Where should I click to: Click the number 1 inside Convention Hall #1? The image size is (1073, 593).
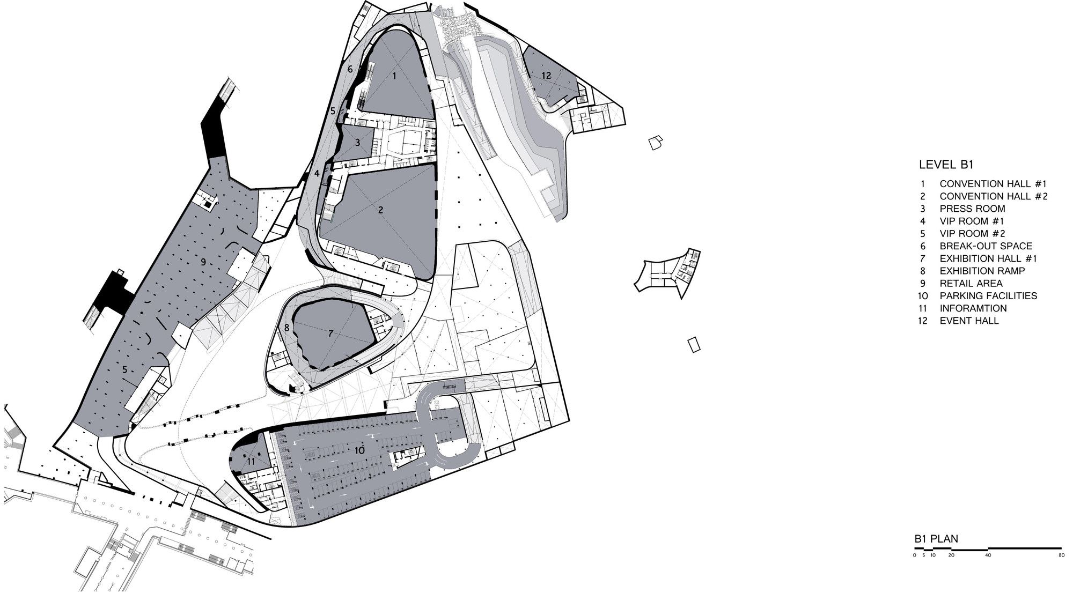(x=394, y=76)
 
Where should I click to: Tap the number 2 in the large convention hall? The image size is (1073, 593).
(x=380, y=210)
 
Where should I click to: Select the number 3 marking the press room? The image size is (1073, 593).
(x=357, y=143)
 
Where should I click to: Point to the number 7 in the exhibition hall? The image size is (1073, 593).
(x=330, y=333)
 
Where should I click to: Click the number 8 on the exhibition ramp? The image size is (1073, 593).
(x=287, y=327)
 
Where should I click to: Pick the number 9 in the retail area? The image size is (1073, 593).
(x=203, y=262)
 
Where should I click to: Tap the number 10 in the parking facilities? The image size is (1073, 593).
(x=359, y=450)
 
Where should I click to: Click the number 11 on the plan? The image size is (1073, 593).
(x=251, y=461)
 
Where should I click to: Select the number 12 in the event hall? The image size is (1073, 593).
(x=546, y=76)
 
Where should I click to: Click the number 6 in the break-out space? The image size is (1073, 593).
(x=350, y=69)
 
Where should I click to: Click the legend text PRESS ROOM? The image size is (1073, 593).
(x=972, y=209)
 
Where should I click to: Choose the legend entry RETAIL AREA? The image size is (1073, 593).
(x=971, y=283)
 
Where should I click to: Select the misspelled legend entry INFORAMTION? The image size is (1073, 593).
(x=973, y=308)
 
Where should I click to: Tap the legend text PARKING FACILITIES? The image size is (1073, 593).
(x=988, y=296)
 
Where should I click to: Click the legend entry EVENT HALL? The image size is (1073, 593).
(x=969, y=321)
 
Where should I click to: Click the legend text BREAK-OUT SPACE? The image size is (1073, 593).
(x=986, y=246)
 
